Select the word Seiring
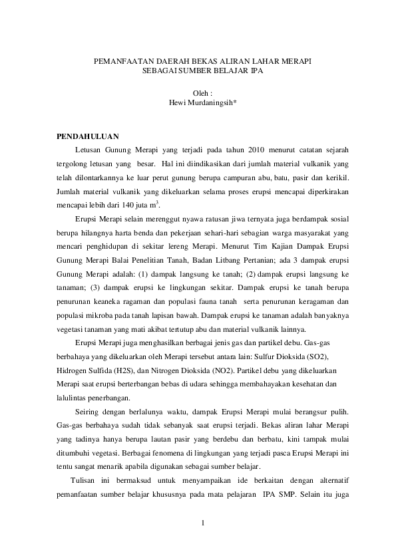click(x=89, y=412)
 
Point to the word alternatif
click(x=333, y=480)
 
